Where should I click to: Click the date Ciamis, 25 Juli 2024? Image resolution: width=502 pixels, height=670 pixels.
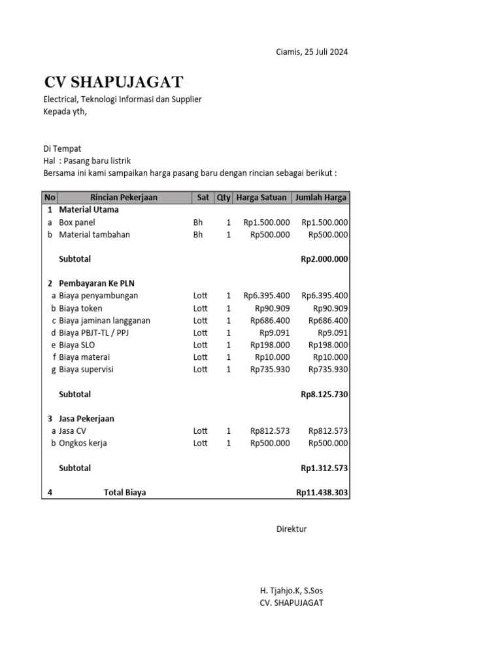[312, 52]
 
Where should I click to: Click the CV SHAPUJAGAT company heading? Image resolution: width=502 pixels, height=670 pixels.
[114, 82]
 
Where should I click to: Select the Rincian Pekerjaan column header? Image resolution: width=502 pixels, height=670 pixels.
[124, 198]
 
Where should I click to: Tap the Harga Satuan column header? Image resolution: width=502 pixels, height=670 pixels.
[261, 198]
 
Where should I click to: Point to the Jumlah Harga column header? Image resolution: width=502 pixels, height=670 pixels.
[321, 198]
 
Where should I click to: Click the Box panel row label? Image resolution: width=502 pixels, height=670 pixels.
[77, 222]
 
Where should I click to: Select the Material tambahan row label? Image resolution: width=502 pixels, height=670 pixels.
[94, 235]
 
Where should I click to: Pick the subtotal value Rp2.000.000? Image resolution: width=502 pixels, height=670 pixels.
[324, 259]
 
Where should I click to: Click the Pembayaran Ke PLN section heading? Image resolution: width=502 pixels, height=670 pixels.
[97, 283]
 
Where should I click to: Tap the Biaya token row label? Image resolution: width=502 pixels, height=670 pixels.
[80, 308]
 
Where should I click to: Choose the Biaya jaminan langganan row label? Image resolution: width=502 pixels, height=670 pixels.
[105, 321]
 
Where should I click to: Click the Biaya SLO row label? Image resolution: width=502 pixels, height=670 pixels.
[77, 345]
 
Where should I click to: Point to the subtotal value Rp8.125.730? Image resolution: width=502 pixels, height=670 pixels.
[324, 395]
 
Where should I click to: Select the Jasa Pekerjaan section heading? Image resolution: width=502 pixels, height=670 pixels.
[86, 419]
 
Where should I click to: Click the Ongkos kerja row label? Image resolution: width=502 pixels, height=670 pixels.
[83, 444]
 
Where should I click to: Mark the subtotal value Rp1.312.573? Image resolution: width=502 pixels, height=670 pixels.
[324, 468]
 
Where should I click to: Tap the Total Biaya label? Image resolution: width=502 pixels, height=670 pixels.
[125, 493]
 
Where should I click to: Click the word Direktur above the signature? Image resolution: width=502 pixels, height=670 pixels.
[292, 529]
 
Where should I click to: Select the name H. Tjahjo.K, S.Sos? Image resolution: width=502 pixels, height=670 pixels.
[292, 591]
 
